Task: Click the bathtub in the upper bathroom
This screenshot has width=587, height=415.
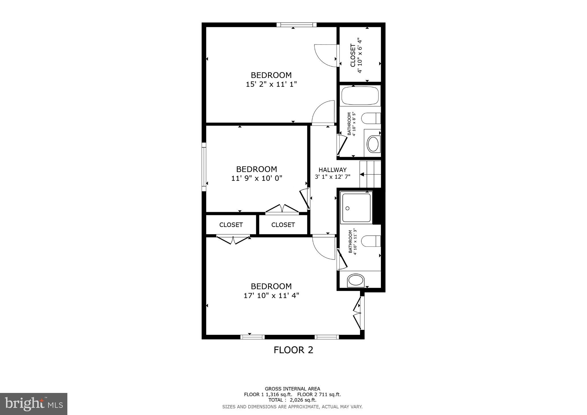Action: click(360, 96)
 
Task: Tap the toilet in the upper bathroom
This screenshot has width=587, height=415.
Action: click(371, 118)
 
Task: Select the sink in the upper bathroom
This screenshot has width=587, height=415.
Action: click(373, 144)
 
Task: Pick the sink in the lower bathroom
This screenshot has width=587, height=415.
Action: click(356, 281)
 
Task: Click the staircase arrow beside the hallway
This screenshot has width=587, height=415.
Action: click(362, 174)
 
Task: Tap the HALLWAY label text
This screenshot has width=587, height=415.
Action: click(332, 170)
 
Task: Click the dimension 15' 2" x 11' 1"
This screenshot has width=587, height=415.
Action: click(271, 84)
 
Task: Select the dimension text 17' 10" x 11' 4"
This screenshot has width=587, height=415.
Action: click(271, 295)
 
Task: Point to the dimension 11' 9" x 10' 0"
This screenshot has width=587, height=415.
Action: click(257, 178)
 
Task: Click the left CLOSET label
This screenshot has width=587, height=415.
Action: click(231, 225)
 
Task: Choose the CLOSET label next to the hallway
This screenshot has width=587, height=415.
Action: click(283, 225)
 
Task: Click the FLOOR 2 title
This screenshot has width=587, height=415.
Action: click(293, 350)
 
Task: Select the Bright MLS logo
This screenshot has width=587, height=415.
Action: click(34, 404)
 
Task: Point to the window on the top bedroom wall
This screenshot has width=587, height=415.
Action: click(296, 25)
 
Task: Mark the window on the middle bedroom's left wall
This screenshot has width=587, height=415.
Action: click(204, 167)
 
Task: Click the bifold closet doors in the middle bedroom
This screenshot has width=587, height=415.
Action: click(282, 209)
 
